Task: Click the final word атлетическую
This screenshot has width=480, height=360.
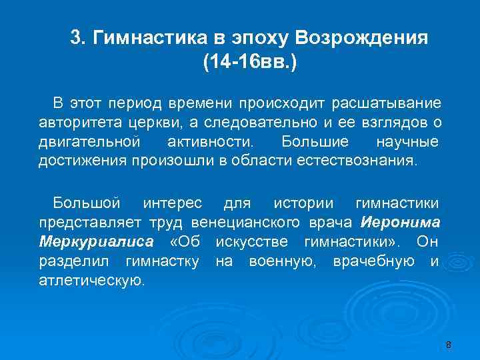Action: tap(91, 280)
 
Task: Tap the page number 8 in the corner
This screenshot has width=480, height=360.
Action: tap(448, 345)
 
